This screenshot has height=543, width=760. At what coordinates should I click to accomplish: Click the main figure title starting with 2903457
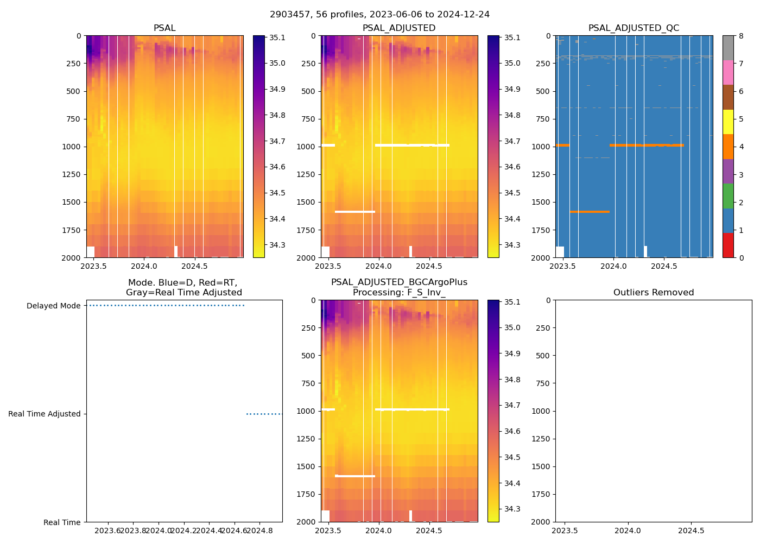tap(379, 15)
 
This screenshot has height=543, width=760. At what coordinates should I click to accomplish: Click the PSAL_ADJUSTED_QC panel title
tap(634, 28)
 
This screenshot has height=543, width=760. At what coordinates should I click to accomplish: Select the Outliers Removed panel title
tap(653, 293)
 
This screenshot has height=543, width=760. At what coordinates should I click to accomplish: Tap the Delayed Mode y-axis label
tap(53, 306)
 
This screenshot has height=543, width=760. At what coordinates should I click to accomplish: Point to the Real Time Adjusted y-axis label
tap(44, 414)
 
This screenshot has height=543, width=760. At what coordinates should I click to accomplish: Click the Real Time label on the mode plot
tap(62, 522)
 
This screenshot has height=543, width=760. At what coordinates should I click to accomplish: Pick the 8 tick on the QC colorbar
tap(740, 36)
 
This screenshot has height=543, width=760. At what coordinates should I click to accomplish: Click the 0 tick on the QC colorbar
tap(740, 257)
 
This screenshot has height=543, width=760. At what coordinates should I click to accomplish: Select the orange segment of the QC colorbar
tap(728, 147)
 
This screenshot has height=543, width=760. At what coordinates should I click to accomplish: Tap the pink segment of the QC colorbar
tap(728, 72)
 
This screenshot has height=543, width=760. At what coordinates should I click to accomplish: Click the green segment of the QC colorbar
tap(728, 195)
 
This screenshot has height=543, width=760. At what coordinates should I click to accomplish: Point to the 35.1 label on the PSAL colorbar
tap(277, 38)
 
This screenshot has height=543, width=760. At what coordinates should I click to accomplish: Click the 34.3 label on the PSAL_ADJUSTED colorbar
tap(512, 245)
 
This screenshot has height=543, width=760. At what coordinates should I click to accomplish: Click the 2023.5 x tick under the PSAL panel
tap(94, 266)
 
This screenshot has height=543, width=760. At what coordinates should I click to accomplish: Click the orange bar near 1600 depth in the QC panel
tap(590, 212)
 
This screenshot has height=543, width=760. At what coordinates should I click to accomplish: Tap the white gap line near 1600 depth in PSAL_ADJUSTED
tap(355, 212)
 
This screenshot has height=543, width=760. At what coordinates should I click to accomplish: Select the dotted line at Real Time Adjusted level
tap(264, 414)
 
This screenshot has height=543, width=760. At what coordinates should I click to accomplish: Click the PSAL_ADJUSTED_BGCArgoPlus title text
tap(399, 282)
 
